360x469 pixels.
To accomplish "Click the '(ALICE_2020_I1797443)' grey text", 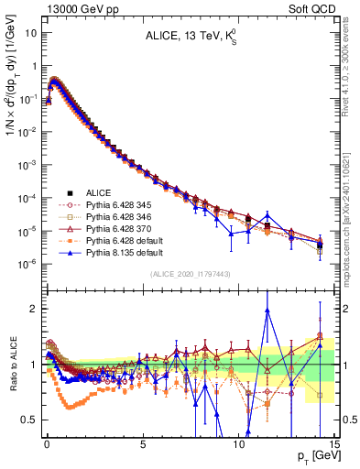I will pyautogui.click(x=190, y=274).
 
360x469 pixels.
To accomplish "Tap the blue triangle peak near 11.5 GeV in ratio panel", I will pyautogui.click(x=267, y=310).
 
